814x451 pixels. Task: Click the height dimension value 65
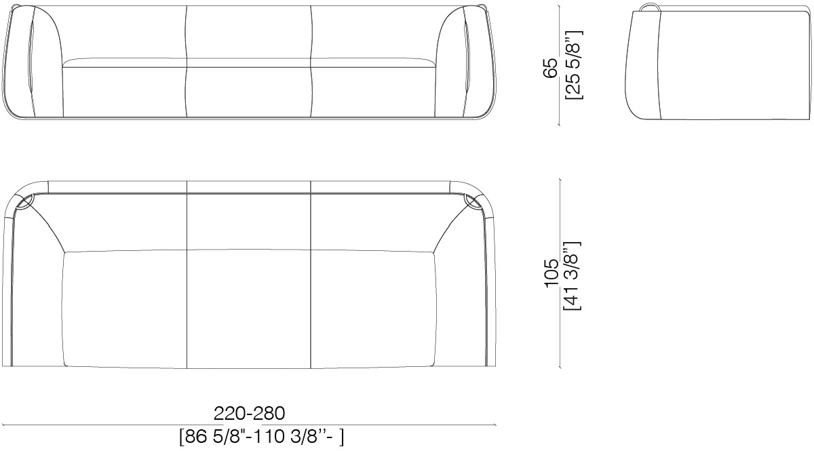click(x=551, y=68)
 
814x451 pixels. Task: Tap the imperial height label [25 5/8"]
click(x=573, y=64)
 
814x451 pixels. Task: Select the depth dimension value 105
click(x=551, y=274)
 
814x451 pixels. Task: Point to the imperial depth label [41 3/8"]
click(x=572, y=275)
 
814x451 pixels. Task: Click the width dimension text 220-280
click(x=250, y=413)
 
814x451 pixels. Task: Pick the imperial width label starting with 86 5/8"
click(x=261, y=437)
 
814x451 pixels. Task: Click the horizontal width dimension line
click(x=250, y=425)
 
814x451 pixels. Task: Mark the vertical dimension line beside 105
click(x=560, y=274)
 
